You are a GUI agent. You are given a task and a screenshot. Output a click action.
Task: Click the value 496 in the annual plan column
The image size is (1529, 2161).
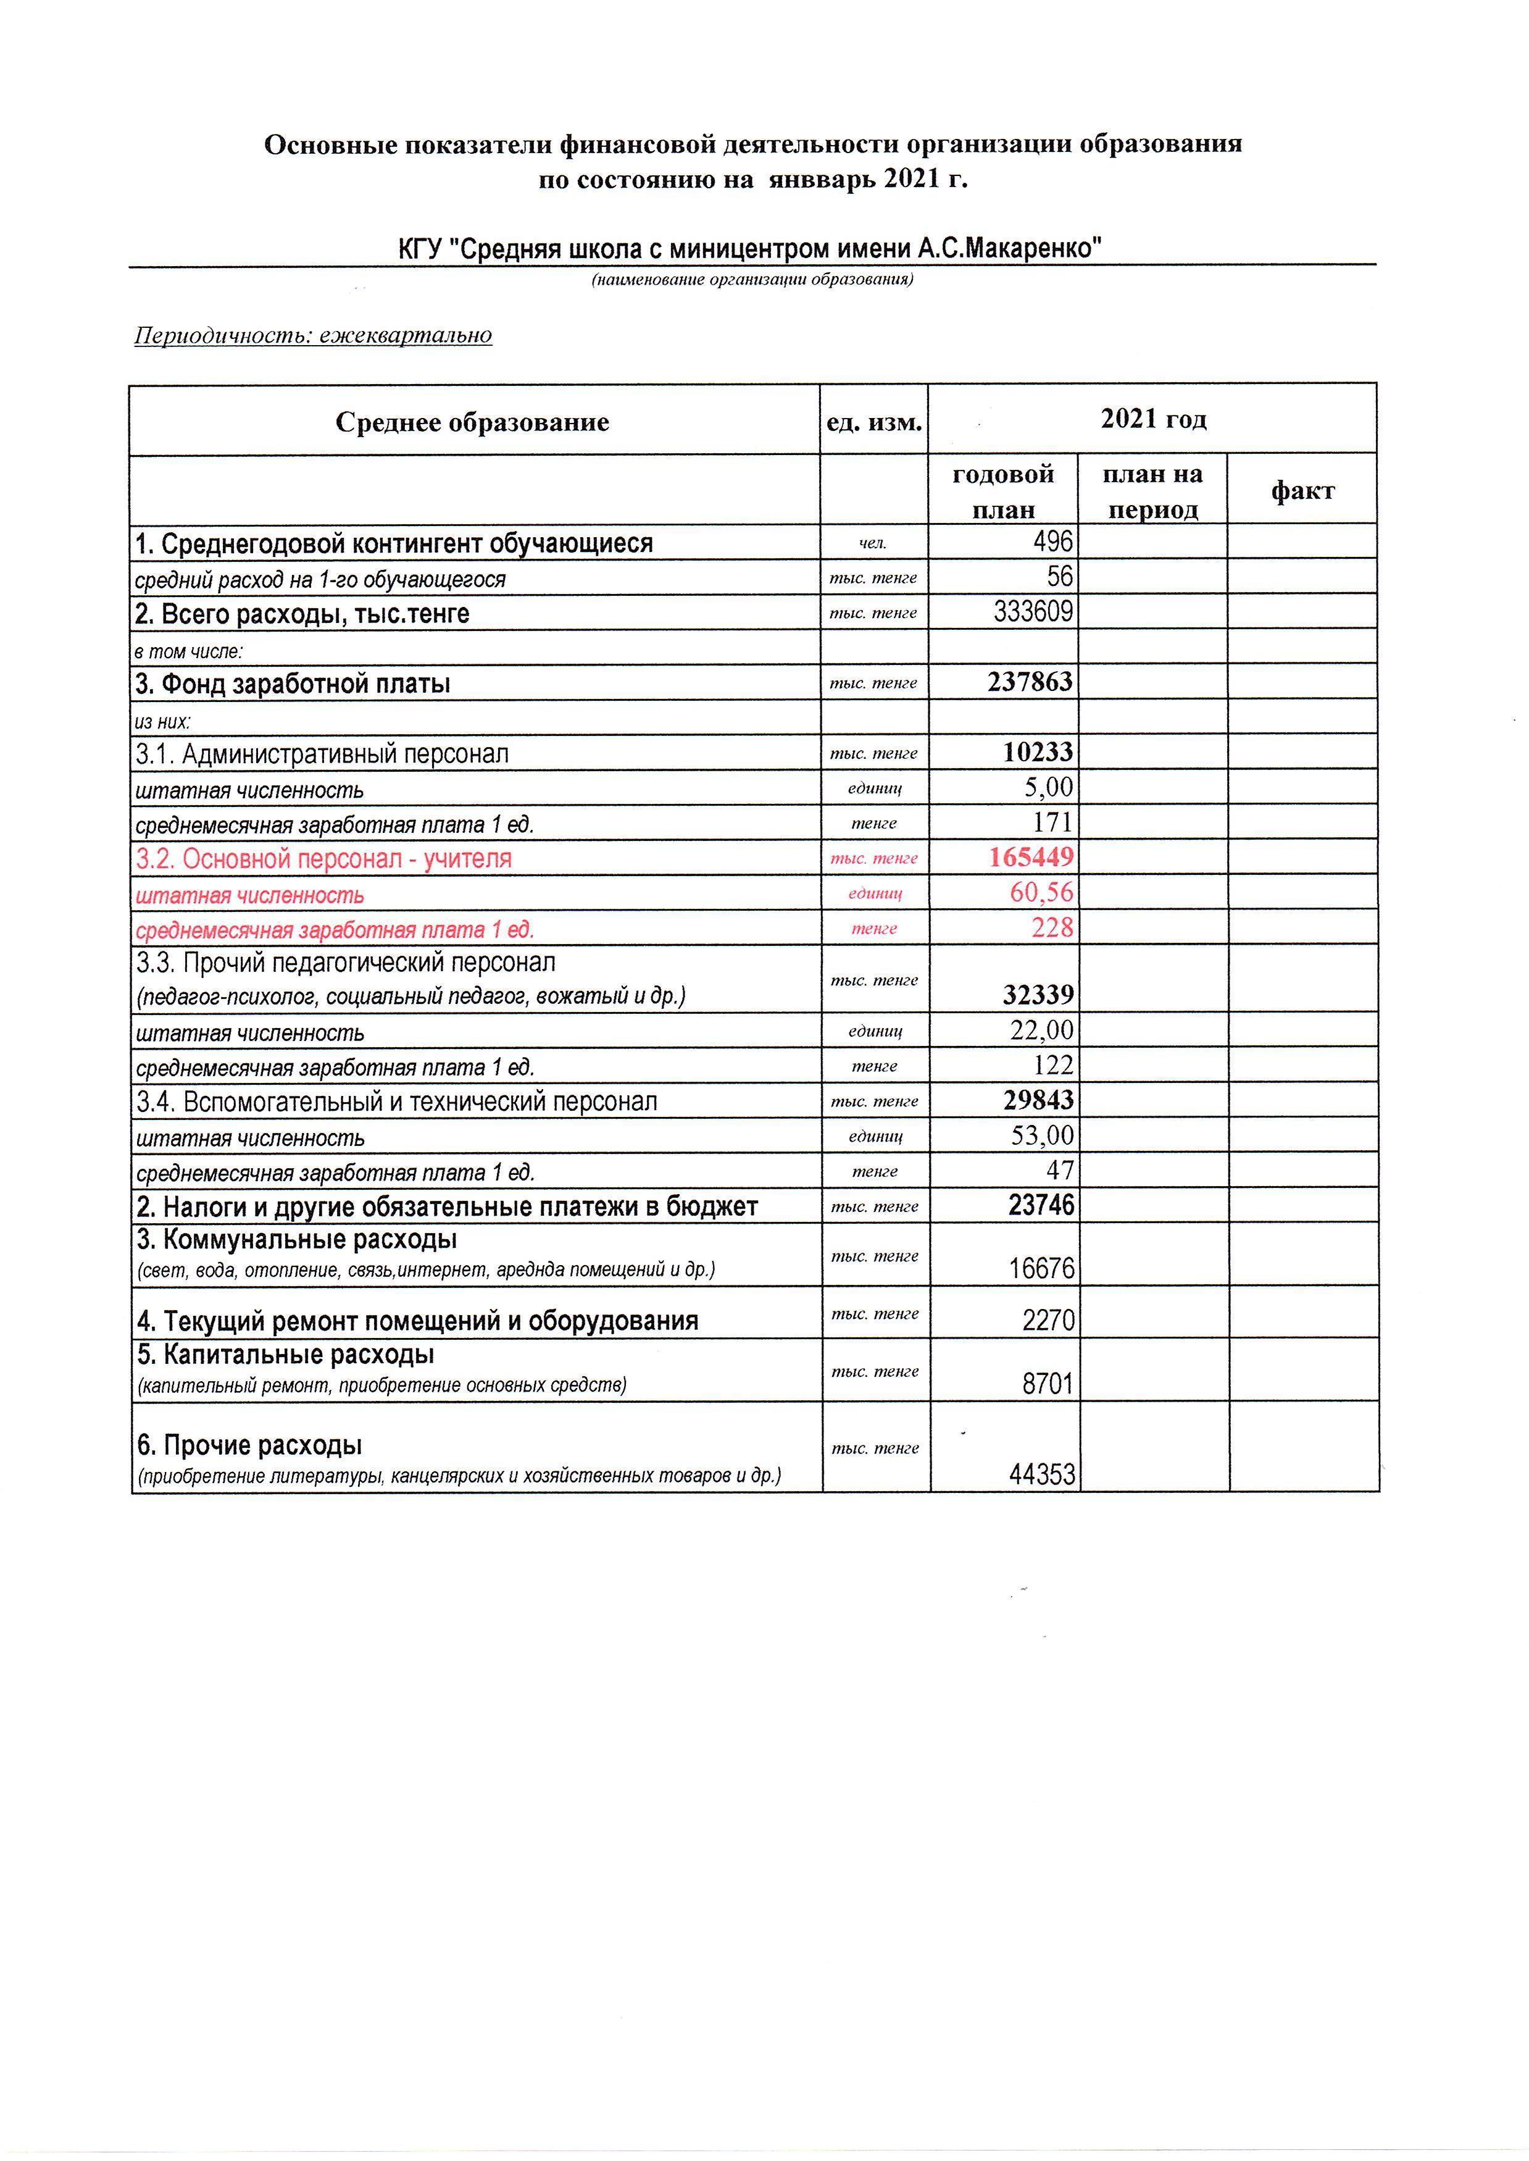point(1052,541)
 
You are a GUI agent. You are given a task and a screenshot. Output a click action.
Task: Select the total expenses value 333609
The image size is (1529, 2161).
point(1033,612)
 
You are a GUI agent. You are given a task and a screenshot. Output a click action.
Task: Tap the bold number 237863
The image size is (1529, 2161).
point(1030,682)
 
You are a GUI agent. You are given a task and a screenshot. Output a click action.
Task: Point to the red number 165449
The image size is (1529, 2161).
point(1031,857)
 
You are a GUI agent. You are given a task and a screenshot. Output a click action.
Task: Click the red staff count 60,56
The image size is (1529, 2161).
point(1041,892)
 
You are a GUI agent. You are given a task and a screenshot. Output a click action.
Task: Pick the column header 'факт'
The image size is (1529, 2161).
point(1302,491)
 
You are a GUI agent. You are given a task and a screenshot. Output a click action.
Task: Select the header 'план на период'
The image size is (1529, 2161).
point(1152,491)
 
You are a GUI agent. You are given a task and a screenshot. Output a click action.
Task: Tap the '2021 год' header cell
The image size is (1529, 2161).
point(1152,419)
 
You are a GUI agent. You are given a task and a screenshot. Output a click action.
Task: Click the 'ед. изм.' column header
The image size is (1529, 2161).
point(873,422)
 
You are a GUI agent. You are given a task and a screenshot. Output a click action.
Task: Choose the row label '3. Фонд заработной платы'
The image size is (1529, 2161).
point(293,683)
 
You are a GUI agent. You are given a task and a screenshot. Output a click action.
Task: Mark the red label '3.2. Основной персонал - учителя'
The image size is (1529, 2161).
point(324,859)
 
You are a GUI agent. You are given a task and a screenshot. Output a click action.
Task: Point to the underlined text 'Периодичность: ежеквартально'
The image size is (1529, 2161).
point(314,335)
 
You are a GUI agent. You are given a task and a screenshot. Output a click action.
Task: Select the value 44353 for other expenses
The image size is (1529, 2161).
point(1041,1474)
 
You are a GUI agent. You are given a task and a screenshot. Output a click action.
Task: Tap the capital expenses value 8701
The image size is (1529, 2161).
point(1047,1383)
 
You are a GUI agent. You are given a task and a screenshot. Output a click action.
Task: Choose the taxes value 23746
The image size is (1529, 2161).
point(1040,1205)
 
